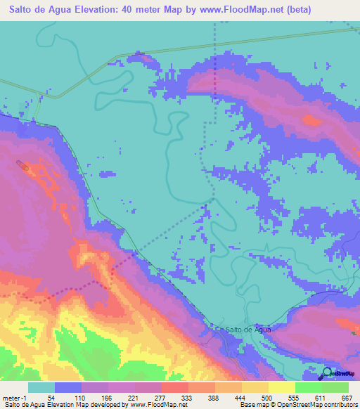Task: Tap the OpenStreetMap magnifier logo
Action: click(x=328, y=373)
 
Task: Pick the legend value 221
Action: click(x=133, y=397)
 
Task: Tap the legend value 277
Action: click(x=160, y=397)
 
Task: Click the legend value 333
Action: click(x=187, y=397)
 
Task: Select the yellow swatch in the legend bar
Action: click(x=281, y=387)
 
